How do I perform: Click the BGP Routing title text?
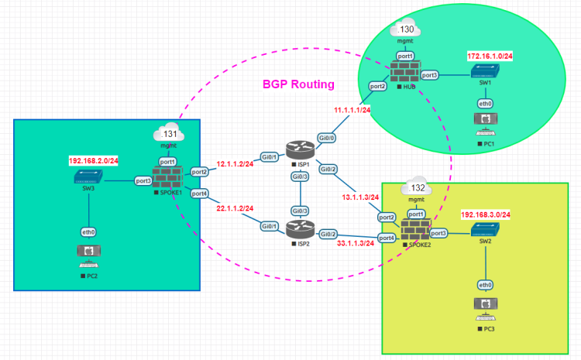pyautogui.click(x=298, y=84)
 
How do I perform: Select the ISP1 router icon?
pyautogui.click(x=297, y=150)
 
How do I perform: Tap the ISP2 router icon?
pyautogui.click(x=297, y=228)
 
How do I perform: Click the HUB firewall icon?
pyautogui.click(x=404, y=73)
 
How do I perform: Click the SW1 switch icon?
pyautogui.click(x=486, y=71)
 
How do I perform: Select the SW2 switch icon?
pyautogui.click(x=486, y=230)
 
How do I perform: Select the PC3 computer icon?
pyautogui.click(x=486, y=305)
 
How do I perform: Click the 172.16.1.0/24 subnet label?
pyautogui.click(x=490, y=57)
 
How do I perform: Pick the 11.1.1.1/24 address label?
pyautogui.click(x=351, y=110)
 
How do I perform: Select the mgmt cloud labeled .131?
pyautogui.click(x=167, y=132)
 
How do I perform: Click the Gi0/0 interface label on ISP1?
pyautogui.click(x=328, y=137)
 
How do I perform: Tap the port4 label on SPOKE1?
pyautogui.click(x=199, y=194)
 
